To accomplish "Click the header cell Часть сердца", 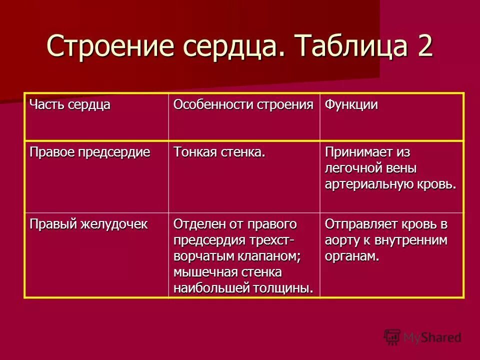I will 69,105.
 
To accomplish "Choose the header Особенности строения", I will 243,105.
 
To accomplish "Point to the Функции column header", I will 351,105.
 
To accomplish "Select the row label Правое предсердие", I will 90,152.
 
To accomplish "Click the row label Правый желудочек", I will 88,223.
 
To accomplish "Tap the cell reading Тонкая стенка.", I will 219,152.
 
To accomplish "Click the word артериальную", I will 368,184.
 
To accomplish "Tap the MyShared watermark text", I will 432,337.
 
